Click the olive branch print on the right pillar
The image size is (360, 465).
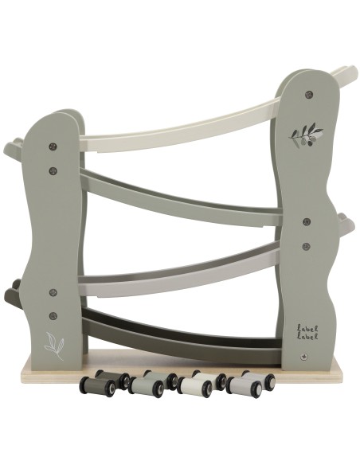click(307, 135)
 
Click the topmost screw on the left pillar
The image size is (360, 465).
click(53, 147)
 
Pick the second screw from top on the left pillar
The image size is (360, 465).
click(53, 170)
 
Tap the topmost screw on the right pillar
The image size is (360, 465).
click(307, 94)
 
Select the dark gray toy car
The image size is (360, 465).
click(97, 386)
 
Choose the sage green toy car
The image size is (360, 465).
click(147, 386)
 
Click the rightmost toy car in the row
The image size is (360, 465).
click(245, 386)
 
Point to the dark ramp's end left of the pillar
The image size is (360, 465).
click(13, 295)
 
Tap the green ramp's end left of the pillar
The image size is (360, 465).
click(13, 149)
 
